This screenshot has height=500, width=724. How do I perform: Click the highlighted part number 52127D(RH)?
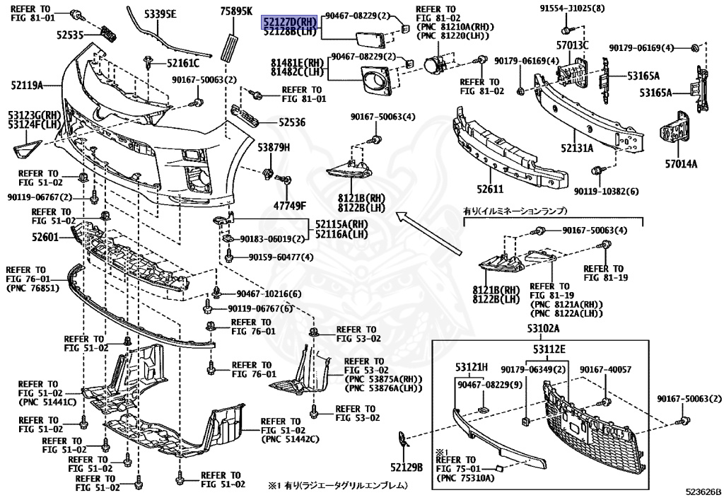click(x=291, y=21)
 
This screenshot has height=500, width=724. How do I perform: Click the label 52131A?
click(x=577, y=149)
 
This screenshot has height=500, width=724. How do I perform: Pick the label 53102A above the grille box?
click(x=542, y=329)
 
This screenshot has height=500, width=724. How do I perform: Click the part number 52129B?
click(x=406, y=467)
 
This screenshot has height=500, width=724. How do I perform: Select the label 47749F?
click(x=291, y=205)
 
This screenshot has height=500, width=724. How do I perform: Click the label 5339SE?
click(x=160, y=14)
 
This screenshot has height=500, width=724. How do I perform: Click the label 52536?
click(x=291, y=122)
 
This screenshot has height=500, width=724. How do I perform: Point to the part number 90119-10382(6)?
click(x=606, y=191)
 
